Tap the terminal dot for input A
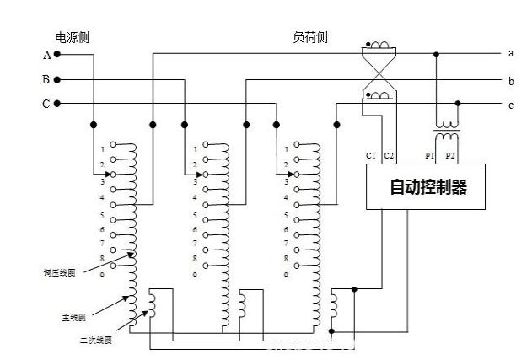coord(57,55)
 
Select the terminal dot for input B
coord(57,80)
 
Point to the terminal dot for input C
coord(57,104)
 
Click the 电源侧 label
coord(73,37)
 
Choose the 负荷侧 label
coord(309,37)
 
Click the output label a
coord(511,53)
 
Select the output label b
coord(511,81)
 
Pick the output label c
coord(511,105)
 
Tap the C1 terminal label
coord(372,156)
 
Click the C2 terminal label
coord(389,156)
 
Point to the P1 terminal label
coord(429,156)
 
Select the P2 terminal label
coord(450,156)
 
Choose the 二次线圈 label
coord(96,341)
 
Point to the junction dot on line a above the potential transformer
coord(435,55)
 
